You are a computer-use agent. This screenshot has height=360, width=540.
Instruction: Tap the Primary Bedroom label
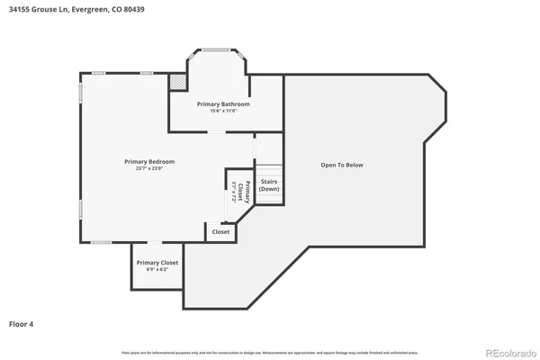point(149,161)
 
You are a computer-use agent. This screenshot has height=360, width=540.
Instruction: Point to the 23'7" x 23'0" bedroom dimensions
point(149,168)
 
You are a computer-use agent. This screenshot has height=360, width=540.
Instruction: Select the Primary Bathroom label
point(223,103)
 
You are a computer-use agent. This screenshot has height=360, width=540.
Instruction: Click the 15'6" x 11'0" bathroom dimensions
point(223,111)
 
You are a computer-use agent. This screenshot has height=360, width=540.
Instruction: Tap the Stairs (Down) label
point(269,184)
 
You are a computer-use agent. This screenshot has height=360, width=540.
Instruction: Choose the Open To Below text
point(342,165)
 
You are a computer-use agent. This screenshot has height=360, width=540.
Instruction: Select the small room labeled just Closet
point(220,232)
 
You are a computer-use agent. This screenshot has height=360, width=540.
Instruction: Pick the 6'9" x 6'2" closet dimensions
point(157,269)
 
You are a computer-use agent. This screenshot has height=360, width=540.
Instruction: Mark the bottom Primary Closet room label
point(157,262)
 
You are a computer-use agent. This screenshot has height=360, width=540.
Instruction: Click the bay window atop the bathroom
point(216,49)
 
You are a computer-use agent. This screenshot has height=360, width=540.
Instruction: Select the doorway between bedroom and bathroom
point(217,132)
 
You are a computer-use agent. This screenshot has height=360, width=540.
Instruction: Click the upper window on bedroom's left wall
point(81,93)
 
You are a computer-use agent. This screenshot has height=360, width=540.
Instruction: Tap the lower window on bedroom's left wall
point(81,209)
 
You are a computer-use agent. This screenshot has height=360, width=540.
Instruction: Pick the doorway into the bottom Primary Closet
point(155,243)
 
